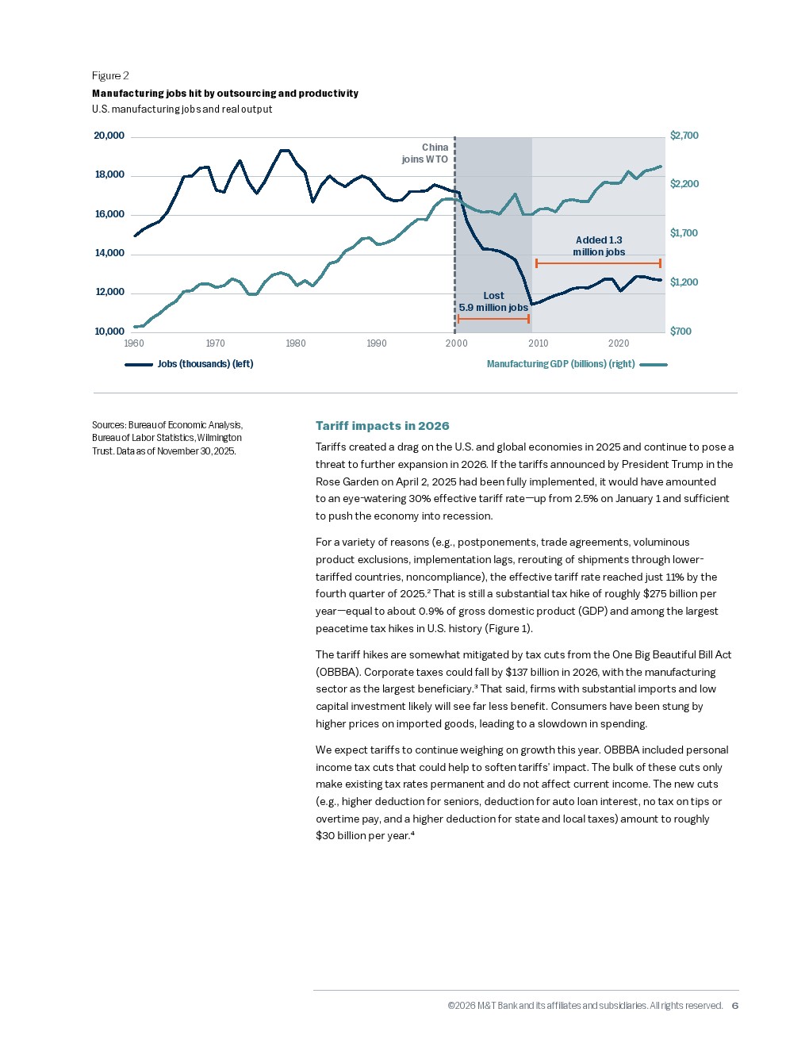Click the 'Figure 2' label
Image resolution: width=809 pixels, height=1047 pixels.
(x=110, y=75)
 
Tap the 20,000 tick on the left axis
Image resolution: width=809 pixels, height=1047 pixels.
(x=109, y=136)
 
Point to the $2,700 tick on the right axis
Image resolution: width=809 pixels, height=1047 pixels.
(x=684, y=136)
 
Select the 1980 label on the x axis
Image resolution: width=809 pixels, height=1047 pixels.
(x=296, y=343)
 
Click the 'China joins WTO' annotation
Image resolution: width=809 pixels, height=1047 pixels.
(x=425, y=153)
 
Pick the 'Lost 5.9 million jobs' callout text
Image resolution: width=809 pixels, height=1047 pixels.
(x=493, y=301)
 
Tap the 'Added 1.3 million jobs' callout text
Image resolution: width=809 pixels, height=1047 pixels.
(x=599, y=246)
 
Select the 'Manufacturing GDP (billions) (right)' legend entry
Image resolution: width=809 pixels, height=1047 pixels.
(x=561, y=364)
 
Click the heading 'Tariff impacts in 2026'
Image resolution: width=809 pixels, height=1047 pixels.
(x=382, y=426)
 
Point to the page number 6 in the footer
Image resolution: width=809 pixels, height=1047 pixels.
(x=734, y=1006)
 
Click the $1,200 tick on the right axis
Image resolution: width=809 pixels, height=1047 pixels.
(x=684, y=282)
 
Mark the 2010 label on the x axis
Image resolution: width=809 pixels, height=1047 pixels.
(x=539, y=343)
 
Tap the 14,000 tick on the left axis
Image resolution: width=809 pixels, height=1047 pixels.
(x=109, y=253)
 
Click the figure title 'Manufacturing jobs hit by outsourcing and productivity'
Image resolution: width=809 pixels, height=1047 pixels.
(x=225, y=94)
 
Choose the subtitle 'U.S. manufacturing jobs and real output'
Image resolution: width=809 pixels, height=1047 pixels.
(x=182, y=109)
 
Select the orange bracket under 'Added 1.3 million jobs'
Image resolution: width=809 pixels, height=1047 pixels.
(x=598, y=263)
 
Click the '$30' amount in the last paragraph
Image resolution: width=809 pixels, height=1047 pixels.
(x=324, y=836)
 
